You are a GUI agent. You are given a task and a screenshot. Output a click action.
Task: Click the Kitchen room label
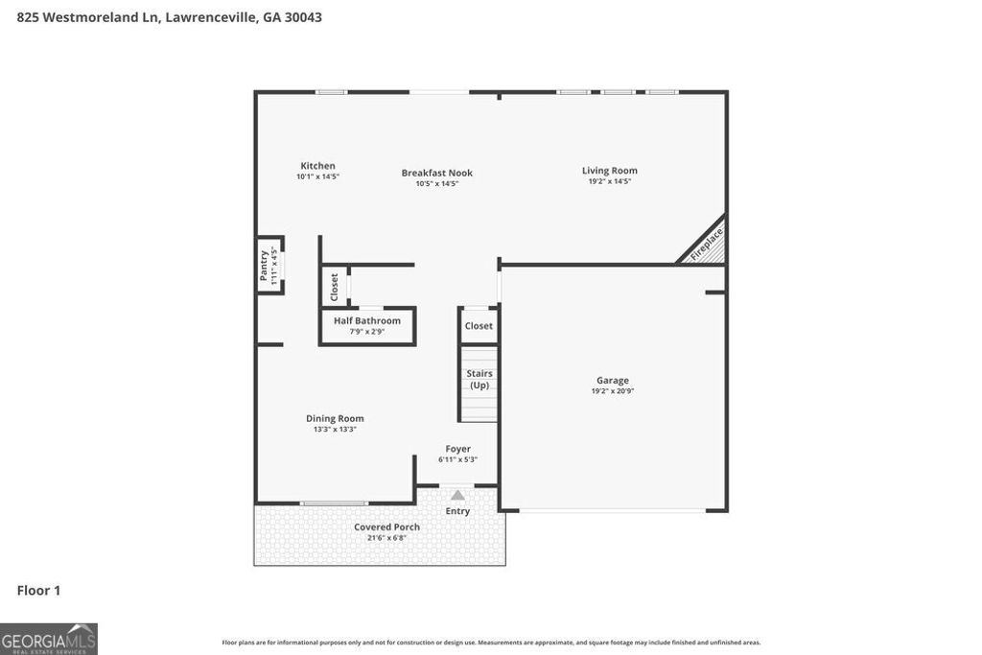317,166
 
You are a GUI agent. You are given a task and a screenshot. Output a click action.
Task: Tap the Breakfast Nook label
436,174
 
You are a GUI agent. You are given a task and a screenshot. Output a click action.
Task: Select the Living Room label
609,171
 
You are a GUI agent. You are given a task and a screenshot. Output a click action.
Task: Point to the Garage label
613,381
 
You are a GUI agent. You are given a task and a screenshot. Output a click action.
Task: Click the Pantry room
269,266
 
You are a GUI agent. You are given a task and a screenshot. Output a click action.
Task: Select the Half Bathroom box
366,325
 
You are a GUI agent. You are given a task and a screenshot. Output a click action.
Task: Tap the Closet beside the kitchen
334,286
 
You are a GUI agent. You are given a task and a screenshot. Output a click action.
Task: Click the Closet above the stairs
479,326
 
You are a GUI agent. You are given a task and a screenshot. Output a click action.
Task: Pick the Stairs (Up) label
479,379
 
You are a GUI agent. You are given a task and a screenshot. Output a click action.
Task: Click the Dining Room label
335,418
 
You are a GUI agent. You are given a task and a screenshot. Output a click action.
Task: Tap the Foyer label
457,449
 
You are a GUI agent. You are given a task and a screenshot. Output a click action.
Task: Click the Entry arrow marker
457,496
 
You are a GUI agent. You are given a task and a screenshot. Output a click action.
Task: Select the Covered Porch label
386,527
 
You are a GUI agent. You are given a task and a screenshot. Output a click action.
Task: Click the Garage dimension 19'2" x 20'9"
613,391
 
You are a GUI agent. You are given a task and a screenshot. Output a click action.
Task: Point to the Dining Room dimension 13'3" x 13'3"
335,430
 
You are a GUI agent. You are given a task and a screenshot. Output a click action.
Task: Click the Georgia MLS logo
49,639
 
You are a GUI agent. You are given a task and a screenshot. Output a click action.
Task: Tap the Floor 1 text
38,591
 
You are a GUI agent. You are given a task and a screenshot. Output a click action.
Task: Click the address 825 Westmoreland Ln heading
169,16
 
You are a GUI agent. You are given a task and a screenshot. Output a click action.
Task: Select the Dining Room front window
334,503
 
